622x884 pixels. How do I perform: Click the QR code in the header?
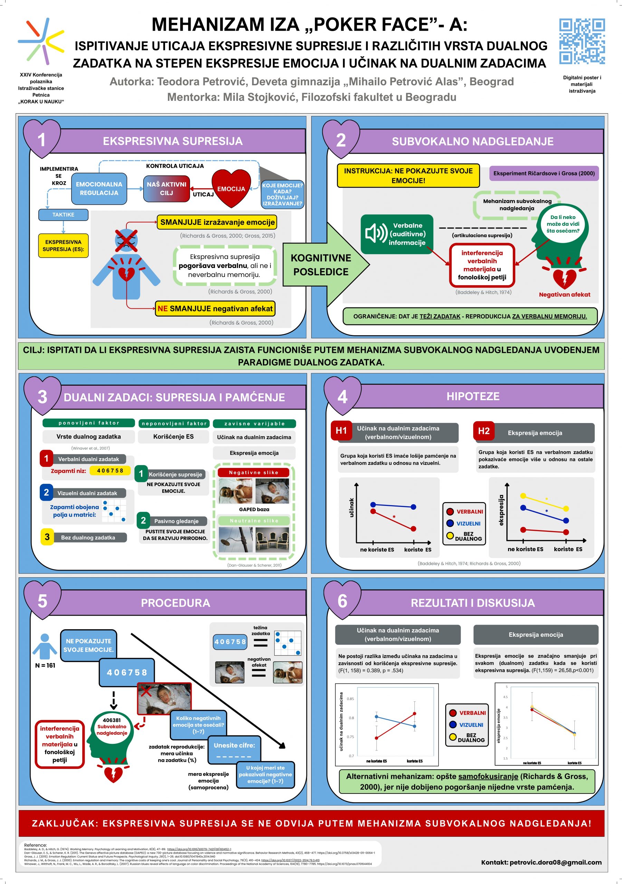[582, 41]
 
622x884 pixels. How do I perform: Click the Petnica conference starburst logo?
[41, 40]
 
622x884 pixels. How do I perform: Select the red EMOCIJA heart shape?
[231, 188]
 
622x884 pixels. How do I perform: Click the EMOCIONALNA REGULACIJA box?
[99, 189]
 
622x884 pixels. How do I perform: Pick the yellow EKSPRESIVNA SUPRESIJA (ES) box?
[63, 246]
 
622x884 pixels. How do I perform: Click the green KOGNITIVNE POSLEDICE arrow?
[324, 265]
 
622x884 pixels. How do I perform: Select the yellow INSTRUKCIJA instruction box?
[408, 175]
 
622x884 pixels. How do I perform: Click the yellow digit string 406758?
[110, 471]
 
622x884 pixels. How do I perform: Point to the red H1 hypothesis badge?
[341, 431]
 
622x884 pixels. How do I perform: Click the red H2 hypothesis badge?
[484, 431]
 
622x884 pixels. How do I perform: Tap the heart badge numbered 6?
[342, 601]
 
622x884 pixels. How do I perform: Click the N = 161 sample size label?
[45, 665]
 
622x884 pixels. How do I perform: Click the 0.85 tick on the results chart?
[350, 699]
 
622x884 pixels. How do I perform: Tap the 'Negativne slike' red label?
[253, 472]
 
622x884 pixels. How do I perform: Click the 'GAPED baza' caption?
[254, 509]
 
